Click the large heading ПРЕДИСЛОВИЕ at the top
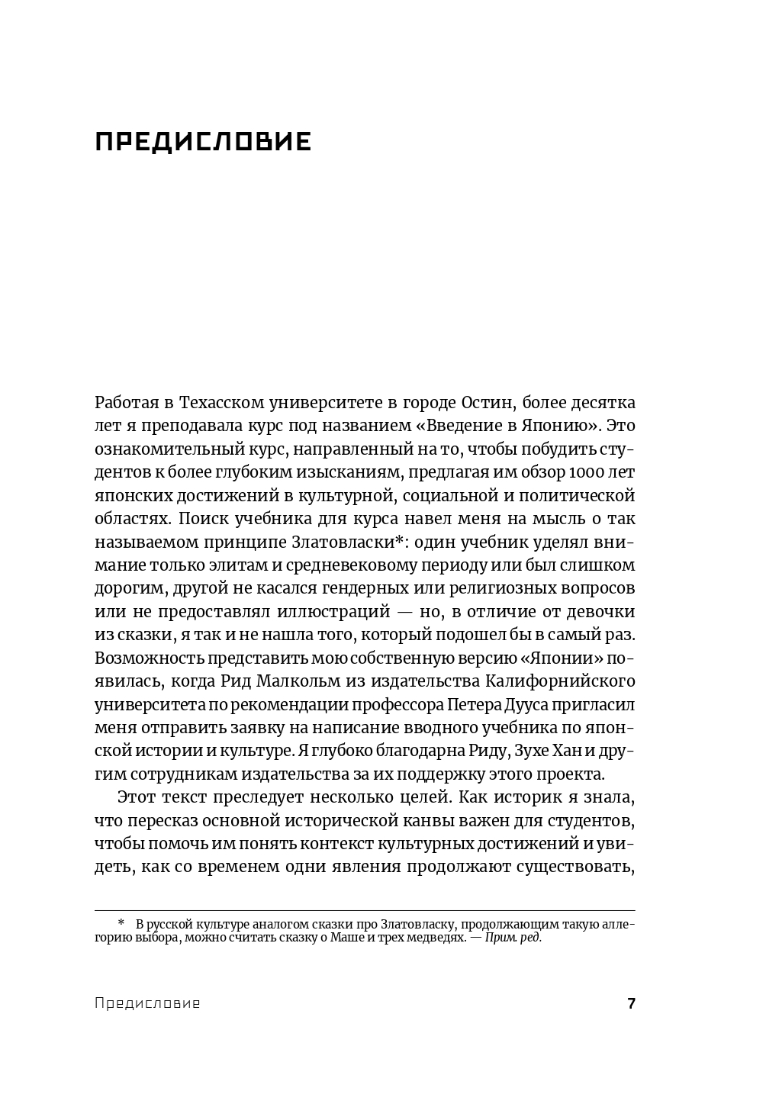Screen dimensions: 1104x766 coord(203,142)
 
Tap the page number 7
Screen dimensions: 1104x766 coord(631,1003)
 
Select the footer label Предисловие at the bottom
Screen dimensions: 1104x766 coord(147,1003)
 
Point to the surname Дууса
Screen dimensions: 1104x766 coord(561,704)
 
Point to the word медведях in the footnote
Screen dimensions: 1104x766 coord(433,938)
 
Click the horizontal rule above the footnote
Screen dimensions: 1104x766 coord(365,910)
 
